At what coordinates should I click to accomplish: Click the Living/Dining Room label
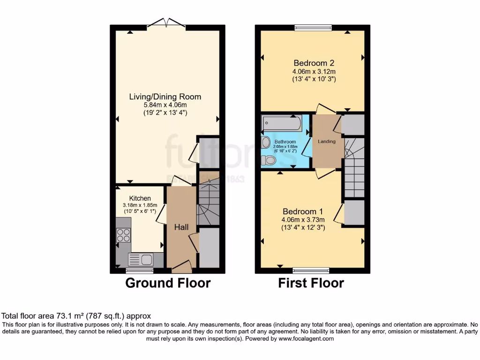[165, 97]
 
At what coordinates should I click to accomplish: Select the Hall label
[181, 227]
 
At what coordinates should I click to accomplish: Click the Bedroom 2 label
[314, 63]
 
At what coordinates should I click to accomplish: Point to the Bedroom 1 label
[303, 211]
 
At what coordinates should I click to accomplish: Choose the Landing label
[328, 142]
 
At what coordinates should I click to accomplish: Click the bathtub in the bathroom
[282, 124]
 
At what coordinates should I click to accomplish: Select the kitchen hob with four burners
[123, 235]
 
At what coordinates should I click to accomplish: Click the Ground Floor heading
[168, 283]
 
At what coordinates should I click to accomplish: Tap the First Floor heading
[311, 283]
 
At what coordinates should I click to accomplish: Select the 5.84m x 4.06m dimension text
[165, 105]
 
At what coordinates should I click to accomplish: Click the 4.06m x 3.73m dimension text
[303, 219]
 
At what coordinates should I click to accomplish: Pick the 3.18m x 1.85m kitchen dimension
[140, 205]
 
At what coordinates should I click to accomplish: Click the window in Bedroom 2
[313, 28]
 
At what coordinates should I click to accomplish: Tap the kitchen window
[140, 270]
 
